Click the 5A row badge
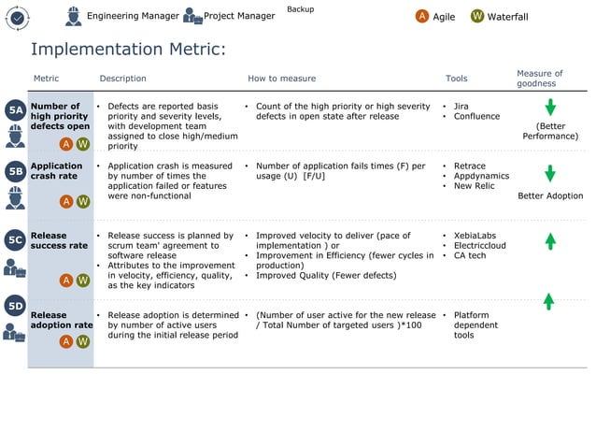pos(15,110)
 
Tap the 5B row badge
pos(15,171)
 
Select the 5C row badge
pos(15,240)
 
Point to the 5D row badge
pos(15,305)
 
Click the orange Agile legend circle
pos(422,16)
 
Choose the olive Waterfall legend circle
pos(477,16)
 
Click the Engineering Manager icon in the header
pos(74,16)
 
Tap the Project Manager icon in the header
pos(192,16)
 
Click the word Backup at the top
pos(300,9)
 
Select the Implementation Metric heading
pos(129,49)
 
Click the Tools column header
pos(456,79)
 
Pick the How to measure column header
pos(281,79)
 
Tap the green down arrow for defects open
pos(550,108)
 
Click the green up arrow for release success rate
pos(550,240)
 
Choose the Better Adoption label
pos(550,196)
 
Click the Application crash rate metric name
pos(57,171)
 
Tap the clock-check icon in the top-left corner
pos(18,18)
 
